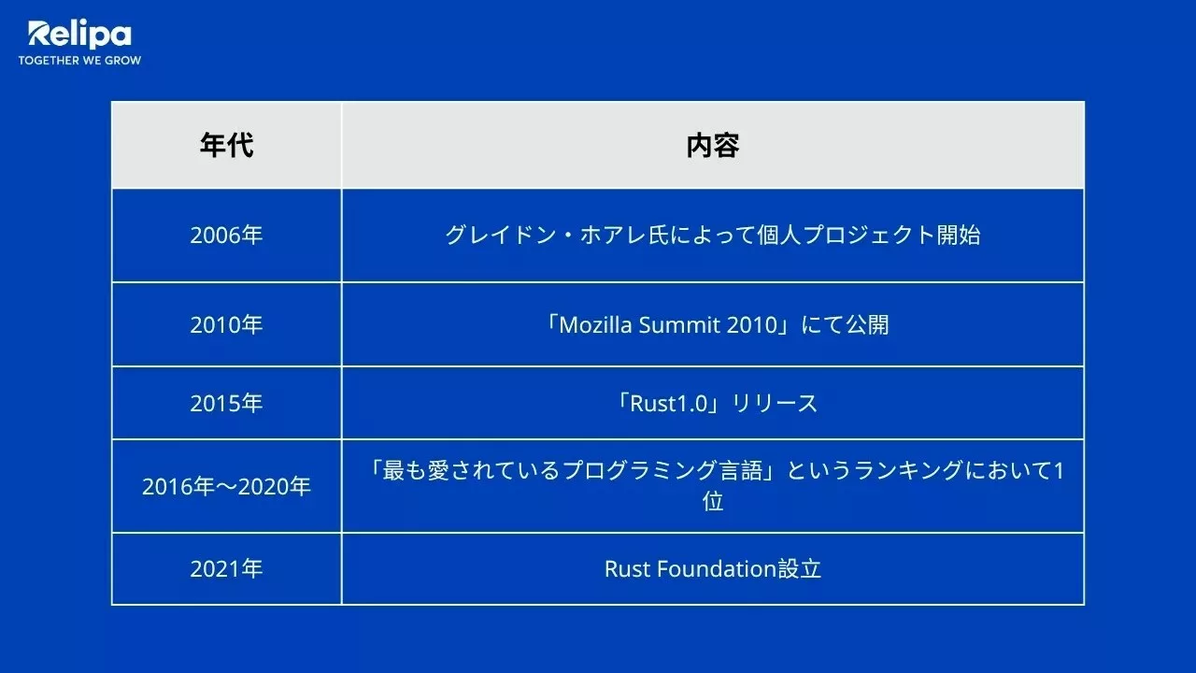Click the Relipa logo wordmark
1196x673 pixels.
point(79,35)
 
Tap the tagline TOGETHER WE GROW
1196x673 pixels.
point(79,61)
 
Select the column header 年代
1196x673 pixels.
point(226,146)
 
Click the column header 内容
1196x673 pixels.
point(712,146)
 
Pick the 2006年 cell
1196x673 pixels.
point(226,235)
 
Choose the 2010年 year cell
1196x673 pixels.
point(226,324)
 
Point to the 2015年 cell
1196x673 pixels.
point(226,403)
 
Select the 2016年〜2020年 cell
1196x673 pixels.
point(226,486)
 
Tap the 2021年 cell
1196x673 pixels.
point(226,568)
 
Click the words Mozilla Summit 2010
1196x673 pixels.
point(667,324)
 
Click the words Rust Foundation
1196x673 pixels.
point(690,568)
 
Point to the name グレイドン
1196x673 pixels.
point(490,235)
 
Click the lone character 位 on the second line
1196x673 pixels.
point(713,502)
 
